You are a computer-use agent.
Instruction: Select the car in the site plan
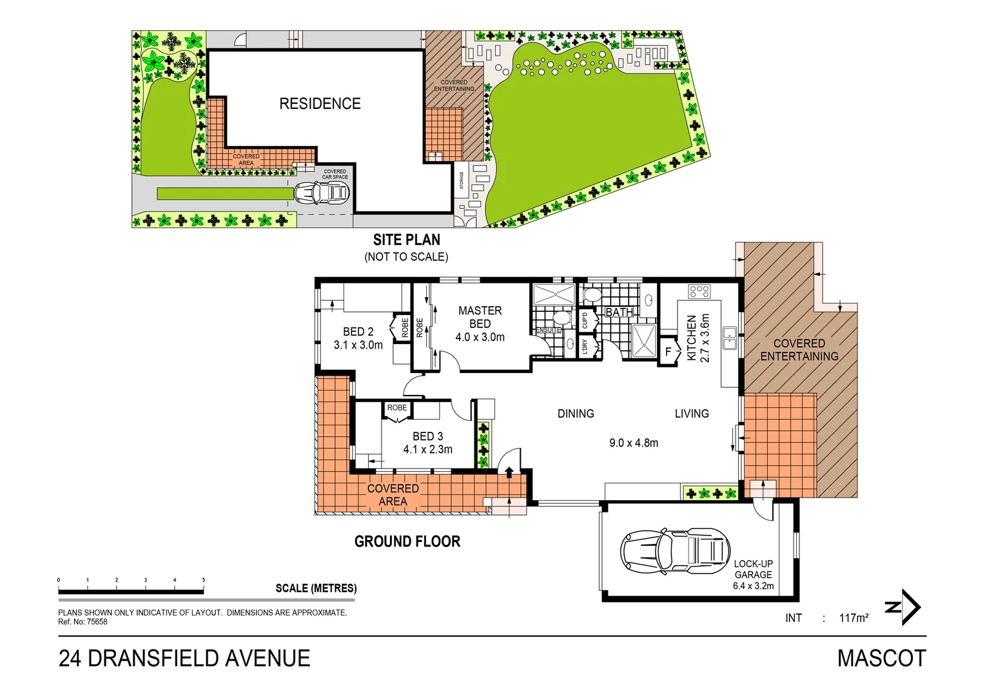coord(322,192)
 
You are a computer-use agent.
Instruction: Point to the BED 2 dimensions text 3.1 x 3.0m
coord(358,345)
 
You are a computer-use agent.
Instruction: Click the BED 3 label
coord(427,436)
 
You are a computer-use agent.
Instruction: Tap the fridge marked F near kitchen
coord(668,352)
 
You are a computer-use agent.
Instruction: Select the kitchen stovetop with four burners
coord(699,291)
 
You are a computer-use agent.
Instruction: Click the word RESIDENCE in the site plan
coord(320,104)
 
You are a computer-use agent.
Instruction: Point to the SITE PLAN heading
coord(407,240)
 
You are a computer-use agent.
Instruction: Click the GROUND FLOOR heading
coord(407,541)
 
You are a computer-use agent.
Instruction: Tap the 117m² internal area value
coord(853,618)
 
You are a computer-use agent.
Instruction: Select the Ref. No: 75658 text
coord(83,622)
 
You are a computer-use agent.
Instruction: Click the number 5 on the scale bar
coord(204,580)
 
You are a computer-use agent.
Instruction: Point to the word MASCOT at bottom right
coord(881,658)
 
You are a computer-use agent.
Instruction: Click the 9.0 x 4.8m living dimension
coord(634,443)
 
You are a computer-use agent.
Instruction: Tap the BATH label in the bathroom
coord(619,313)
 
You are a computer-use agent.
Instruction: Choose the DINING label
coord(576,414)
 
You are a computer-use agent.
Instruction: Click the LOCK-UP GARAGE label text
coord(753,569)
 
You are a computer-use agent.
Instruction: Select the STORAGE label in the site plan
coord(462,180)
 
